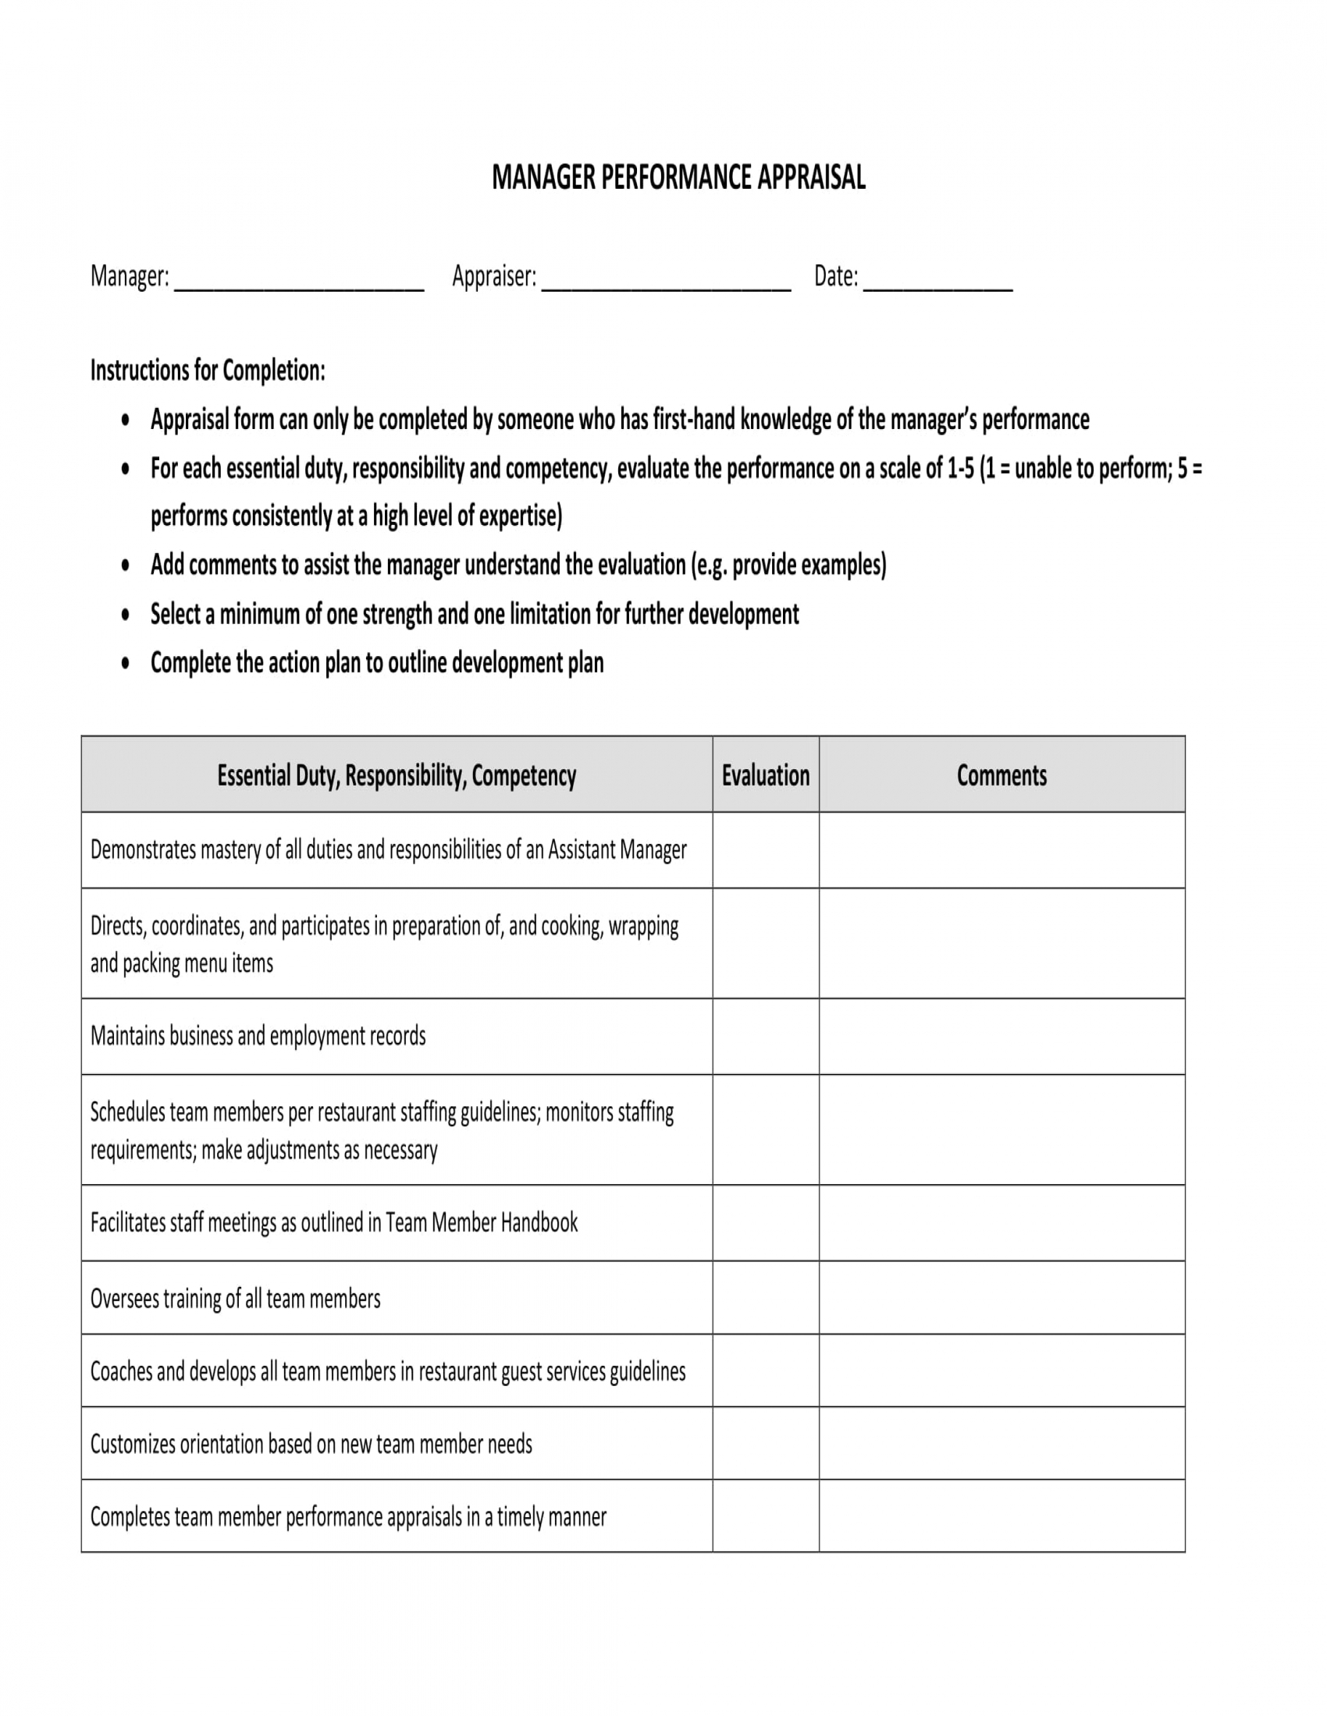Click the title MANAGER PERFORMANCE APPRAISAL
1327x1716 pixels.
[x=678, y=178]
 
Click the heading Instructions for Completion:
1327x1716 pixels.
[x=208, y=370]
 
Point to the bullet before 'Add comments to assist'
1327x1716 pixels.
[x=126, y=565]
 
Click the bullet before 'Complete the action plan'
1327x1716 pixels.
[x=126, y=663]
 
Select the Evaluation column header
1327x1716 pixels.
[x=765, y=775]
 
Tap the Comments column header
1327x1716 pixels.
[x=1001, y=775]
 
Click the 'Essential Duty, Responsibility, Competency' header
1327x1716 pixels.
[x=397, y=775]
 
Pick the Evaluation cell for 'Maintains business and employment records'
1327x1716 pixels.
[x=765, y=1036]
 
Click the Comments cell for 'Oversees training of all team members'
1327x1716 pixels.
[x=1001, y=1298]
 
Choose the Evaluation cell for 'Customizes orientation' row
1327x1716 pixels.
[x=765, y=1443]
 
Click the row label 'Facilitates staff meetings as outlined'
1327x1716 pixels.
[x=333, y=1222]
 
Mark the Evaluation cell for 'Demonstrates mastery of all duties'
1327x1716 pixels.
[x=765, y=849]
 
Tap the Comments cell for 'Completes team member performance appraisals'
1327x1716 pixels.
[x=1001, y=1516]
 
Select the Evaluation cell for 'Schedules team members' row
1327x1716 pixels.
[x=765, y=1130]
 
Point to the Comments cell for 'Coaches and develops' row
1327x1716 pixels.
[x=1001, y=1371]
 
